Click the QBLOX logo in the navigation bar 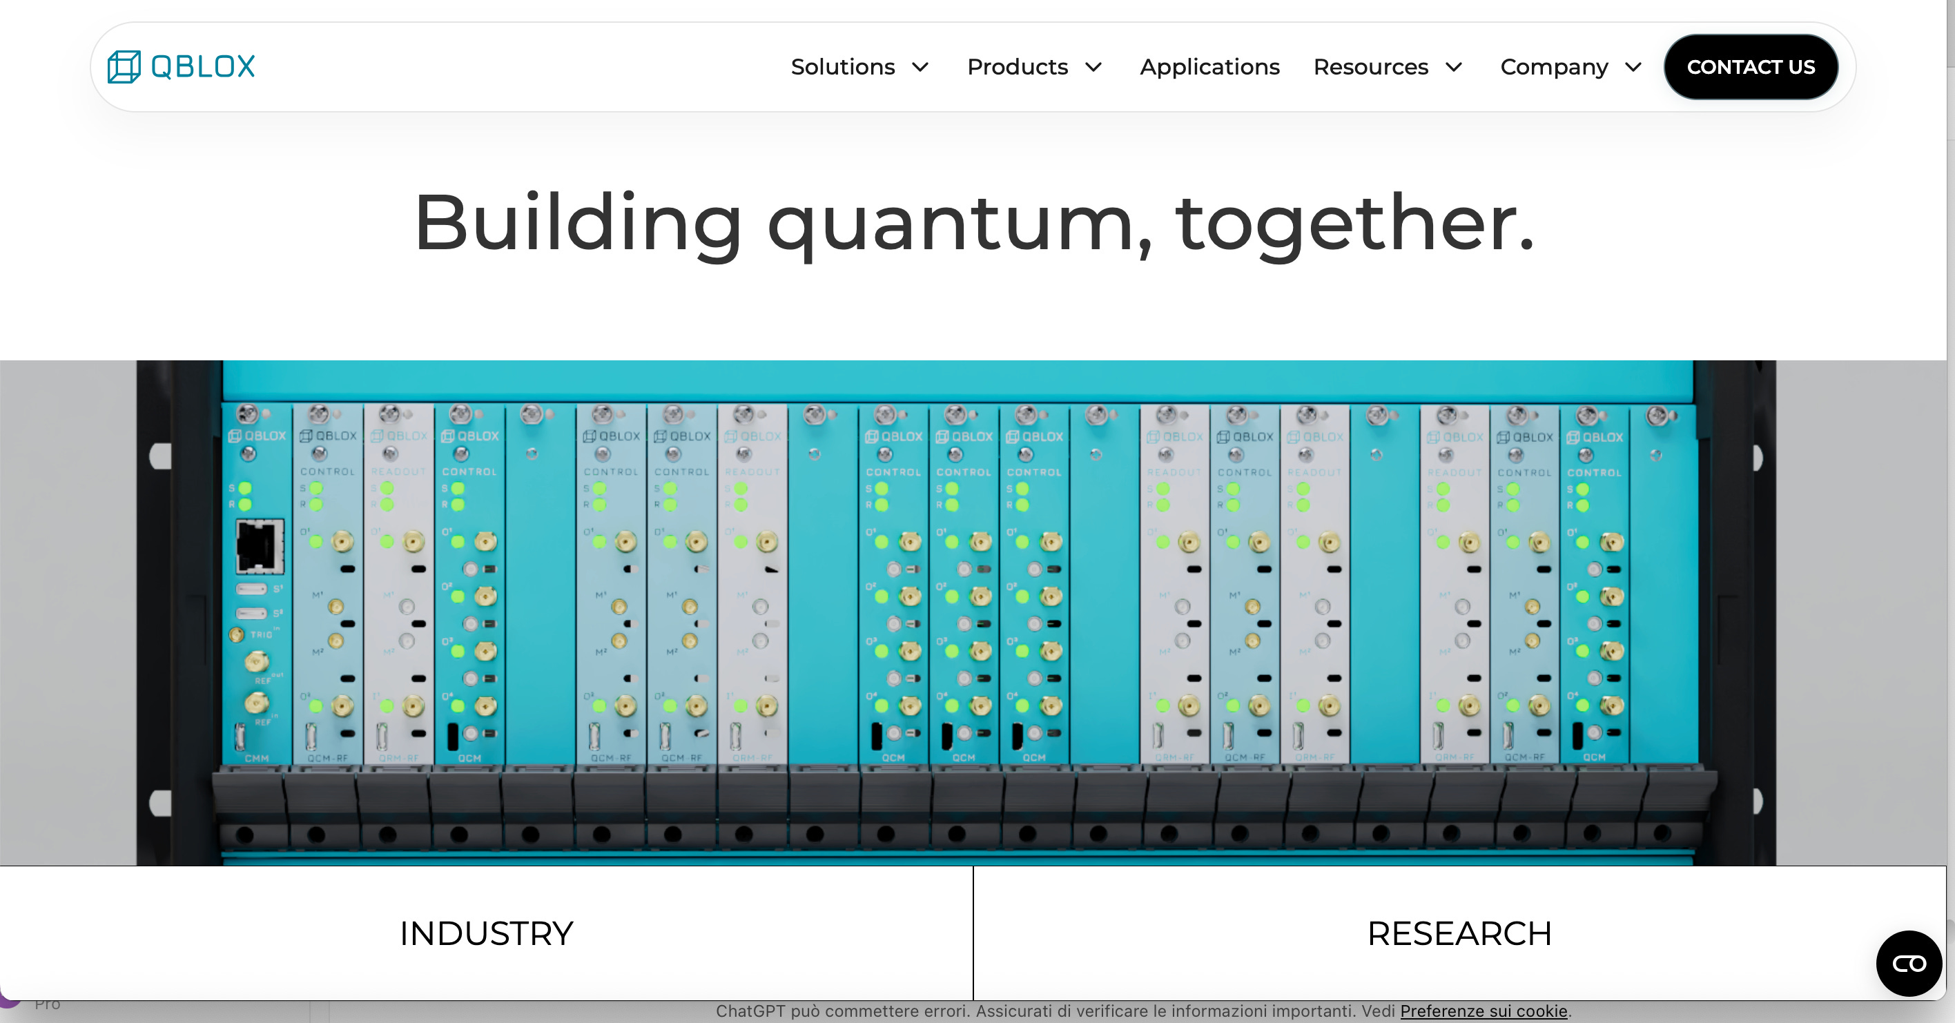182,67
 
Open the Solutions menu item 843,67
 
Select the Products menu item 1018,67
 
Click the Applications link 1209,67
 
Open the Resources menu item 1370,67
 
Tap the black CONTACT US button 1751,67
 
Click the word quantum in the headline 960,224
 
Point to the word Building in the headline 578,224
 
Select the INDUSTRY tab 487,933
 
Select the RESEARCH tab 1459,933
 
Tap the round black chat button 1909,963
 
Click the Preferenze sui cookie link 1484,1011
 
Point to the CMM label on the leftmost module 257,758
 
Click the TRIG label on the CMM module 261,634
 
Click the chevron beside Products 1093,67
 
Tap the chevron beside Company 1633,67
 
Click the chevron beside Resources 1454,67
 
